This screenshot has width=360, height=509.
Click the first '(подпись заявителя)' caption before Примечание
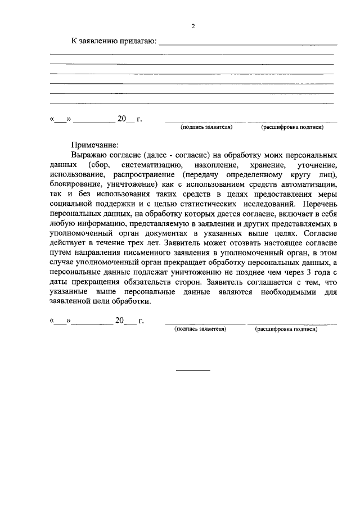(x=206, y=128)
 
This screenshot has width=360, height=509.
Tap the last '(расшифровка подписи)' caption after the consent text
(x=286, y=329)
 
